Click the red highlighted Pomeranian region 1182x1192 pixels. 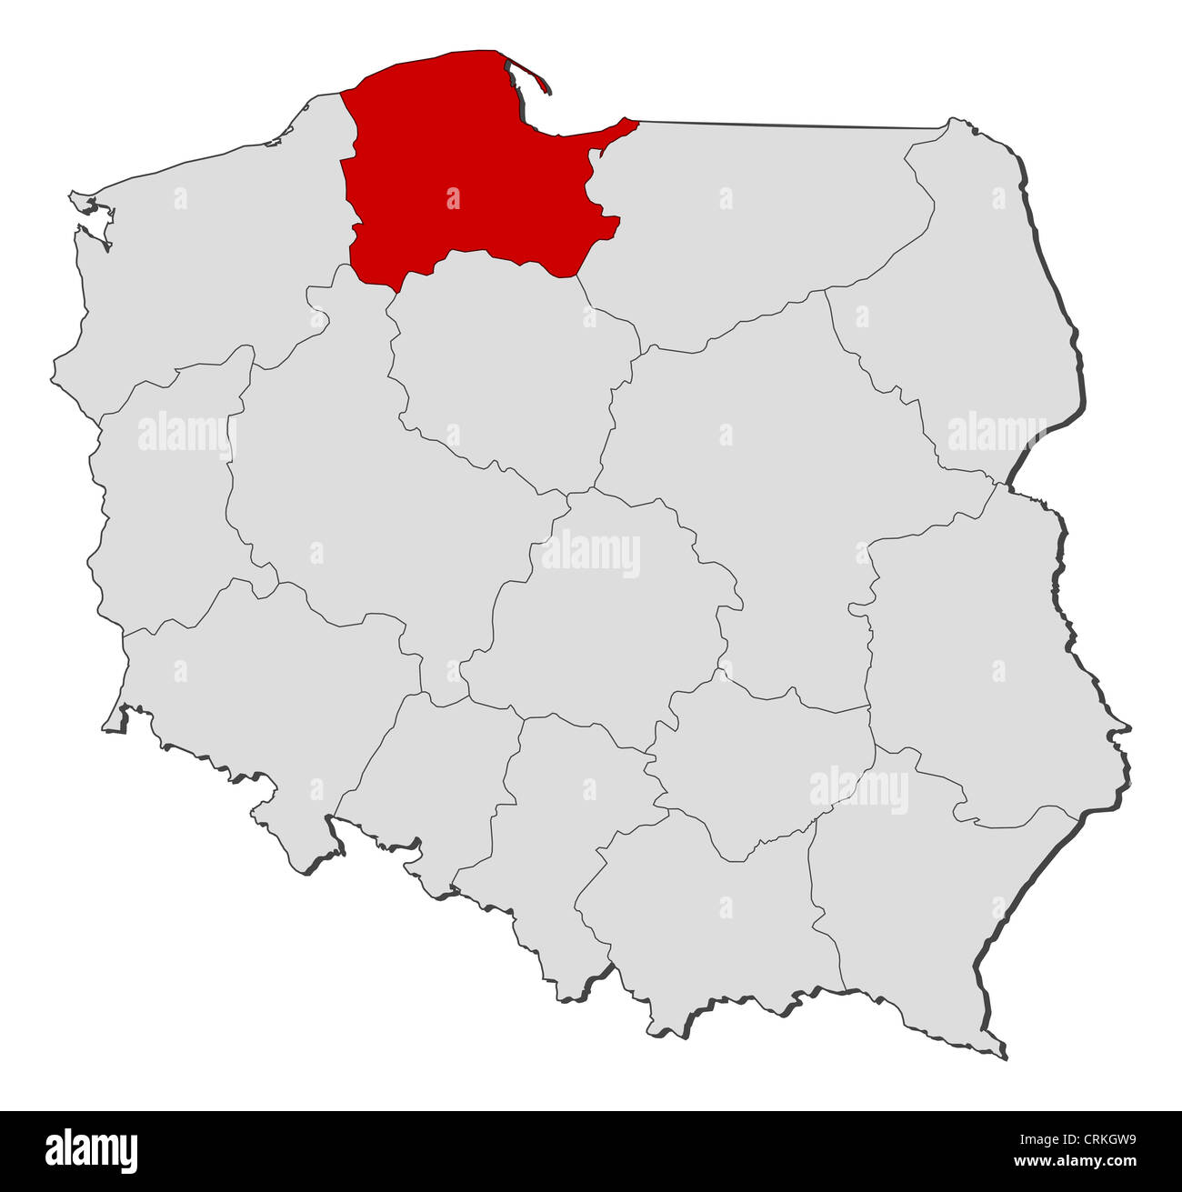click(x=455, y=173)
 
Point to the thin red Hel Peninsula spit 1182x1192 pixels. click(x=532, y=75)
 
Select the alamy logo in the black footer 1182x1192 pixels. click(x=92, y=1150)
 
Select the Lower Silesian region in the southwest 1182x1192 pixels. click(x=255, y=691)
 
